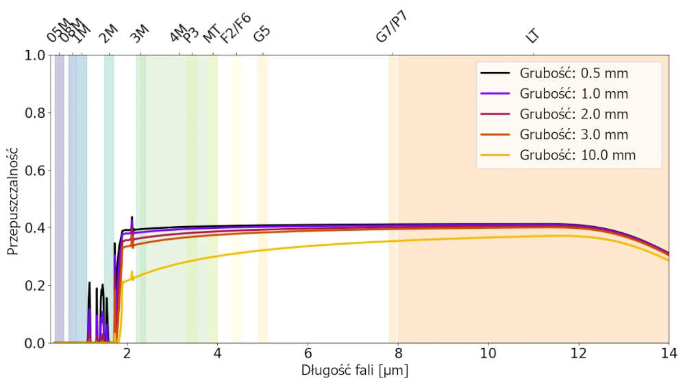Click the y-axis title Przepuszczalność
(13, 199)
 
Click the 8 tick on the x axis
(398, 353)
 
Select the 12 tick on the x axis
(579, 353)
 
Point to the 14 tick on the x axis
(669, 353)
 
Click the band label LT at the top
(532, 36)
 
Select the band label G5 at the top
(262, 35)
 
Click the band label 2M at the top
(108, 34)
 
